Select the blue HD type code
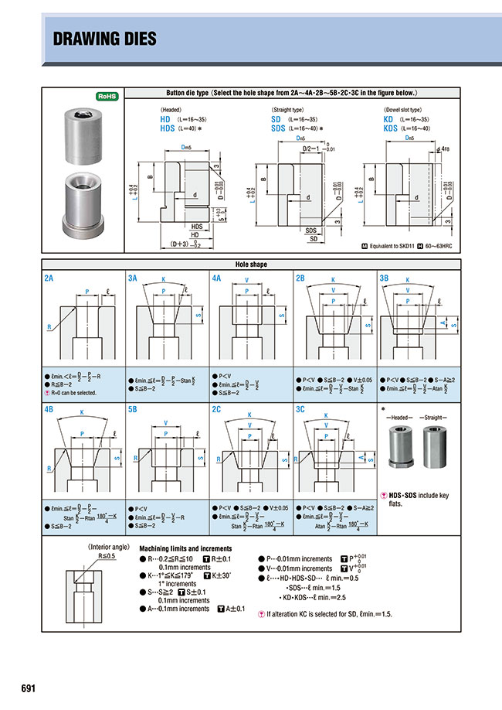tap(165, 120)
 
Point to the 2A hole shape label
tap(50, 276)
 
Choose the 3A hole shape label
tap(133, 276)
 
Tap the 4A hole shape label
tap(217, 276)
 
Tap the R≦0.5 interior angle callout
tap(107, 555)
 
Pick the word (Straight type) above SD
tap(287, 111)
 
